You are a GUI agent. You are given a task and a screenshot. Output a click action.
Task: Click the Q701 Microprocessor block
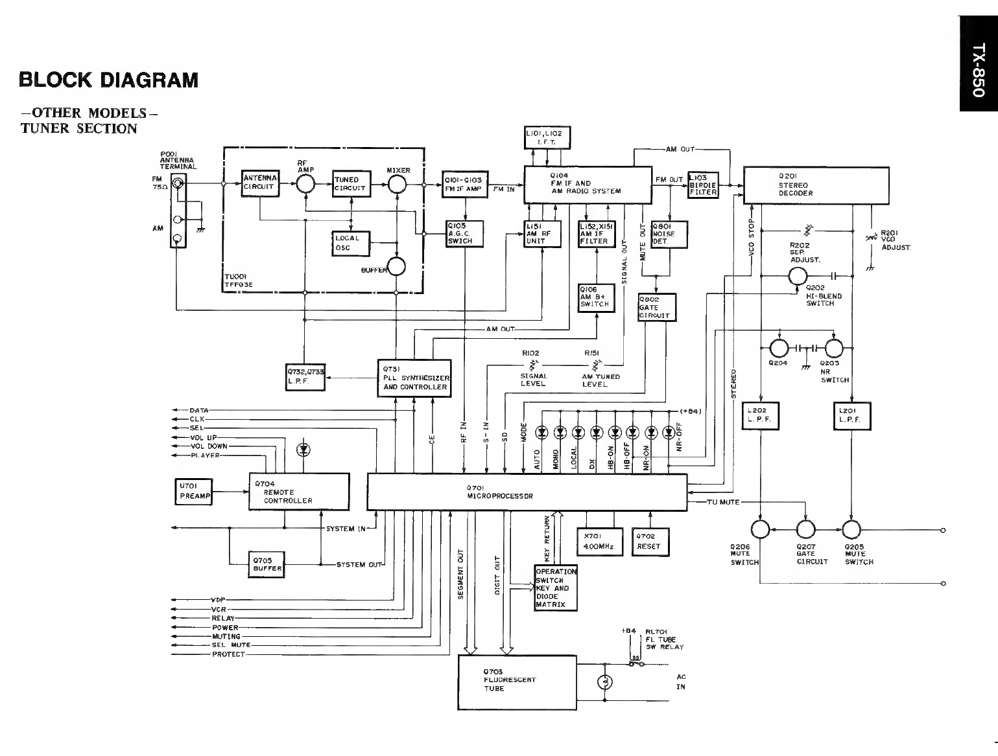tap(527, 492)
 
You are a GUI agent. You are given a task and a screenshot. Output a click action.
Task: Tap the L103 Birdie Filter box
tap(703, 185)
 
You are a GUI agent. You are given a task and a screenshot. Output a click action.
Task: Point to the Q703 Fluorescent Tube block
tap(517, 682)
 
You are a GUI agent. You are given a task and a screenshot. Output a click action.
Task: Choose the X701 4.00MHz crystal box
tap(599, 542)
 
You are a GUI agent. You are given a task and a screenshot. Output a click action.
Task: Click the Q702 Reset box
tap(650, 542)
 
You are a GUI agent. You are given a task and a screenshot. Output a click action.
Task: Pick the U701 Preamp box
tap(194, 493)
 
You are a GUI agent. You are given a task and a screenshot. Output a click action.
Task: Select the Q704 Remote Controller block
tap(299, 492)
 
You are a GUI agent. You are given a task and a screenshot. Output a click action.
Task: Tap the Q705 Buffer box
tap(267, 564)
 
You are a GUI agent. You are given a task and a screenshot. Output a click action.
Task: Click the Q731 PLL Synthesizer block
tap(414, 378)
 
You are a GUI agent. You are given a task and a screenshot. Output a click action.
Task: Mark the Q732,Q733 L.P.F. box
tap(305, 377)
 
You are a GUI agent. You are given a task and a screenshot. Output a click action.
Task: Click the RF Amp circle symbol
tap(304, 185)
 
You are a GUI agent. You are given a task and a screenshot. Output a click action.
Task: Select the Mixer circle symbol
tap(396, 185)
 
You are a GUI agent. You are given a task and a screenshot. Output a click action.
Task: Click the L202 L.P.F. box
tap(760, 416)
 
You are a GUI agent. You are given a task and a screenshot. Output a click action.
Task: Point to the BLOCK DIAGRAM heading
tap(108, 80)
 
